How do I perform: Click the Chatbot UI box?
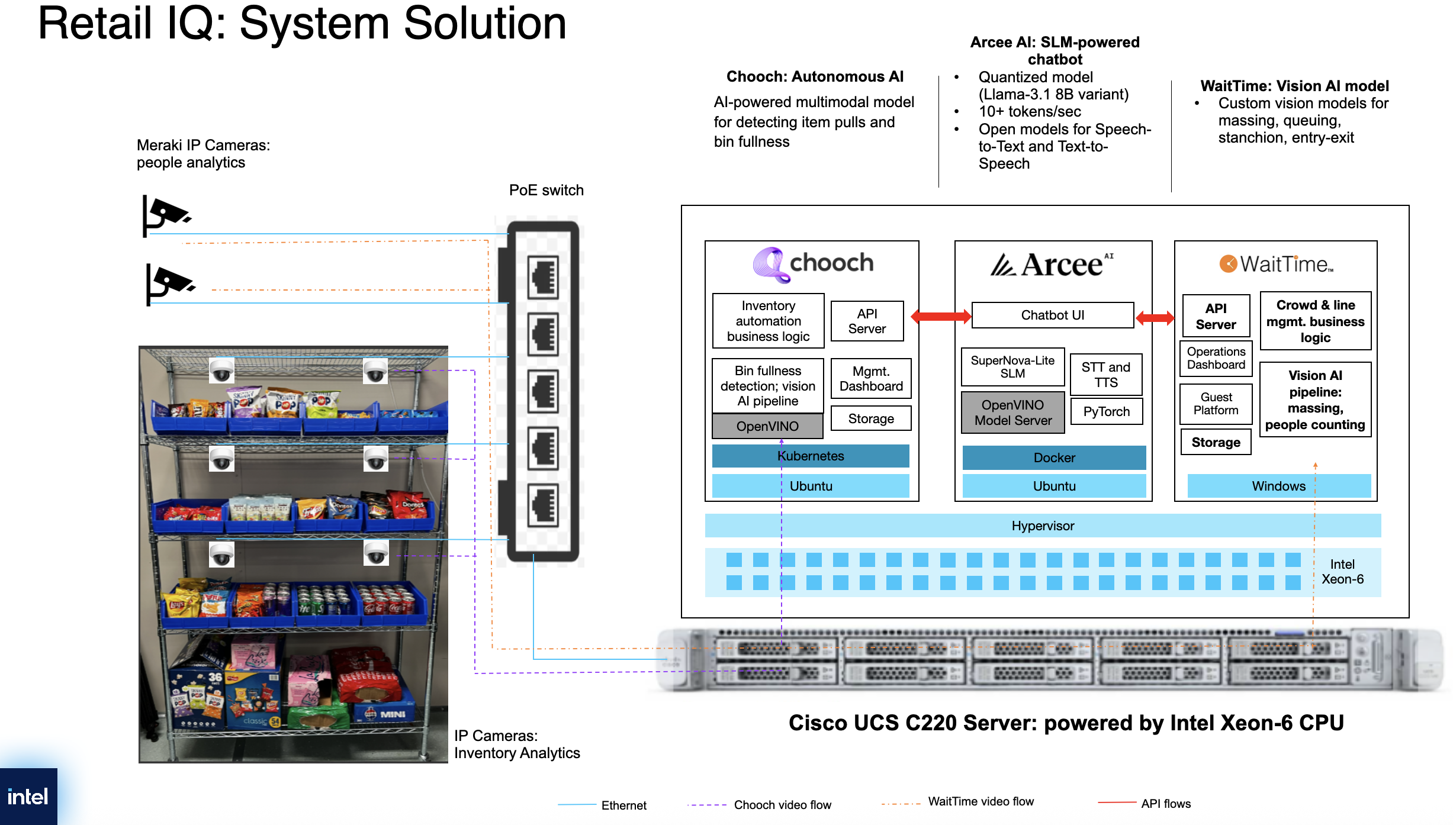(1053, 315)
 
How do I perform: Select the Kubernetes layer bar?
(811, 456)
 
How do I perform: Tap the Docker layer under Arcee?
(1054, 457)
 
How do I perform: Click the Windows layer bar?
(1279, 486)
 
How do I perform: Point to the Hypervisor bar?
(1043, 526)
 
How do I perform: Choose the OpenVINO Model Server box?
(1013, 412)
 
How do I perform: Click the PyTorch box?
(1106, 411)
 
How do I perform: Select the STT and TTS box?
(1106, 375)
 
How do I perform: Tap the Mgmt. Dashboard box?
(871, 379)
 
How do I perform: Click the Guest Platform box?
(1216, 404)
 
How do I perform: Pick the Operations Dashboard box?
(1216, 358)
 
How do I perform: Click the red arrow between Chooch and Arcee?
(941, 317)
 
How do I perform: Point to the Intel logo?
(28, 797)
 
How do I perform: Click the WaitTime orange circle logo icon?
(1228, 263)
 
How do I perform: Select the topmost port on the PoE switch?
(543, 276)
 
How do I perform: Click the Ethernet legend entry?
(602, 805)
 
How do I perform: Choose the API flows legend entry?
(1145, 803)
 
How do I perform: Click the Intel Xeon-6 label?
(1342, 572)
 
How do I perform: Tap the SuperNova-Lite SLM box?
(1012, 367)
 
